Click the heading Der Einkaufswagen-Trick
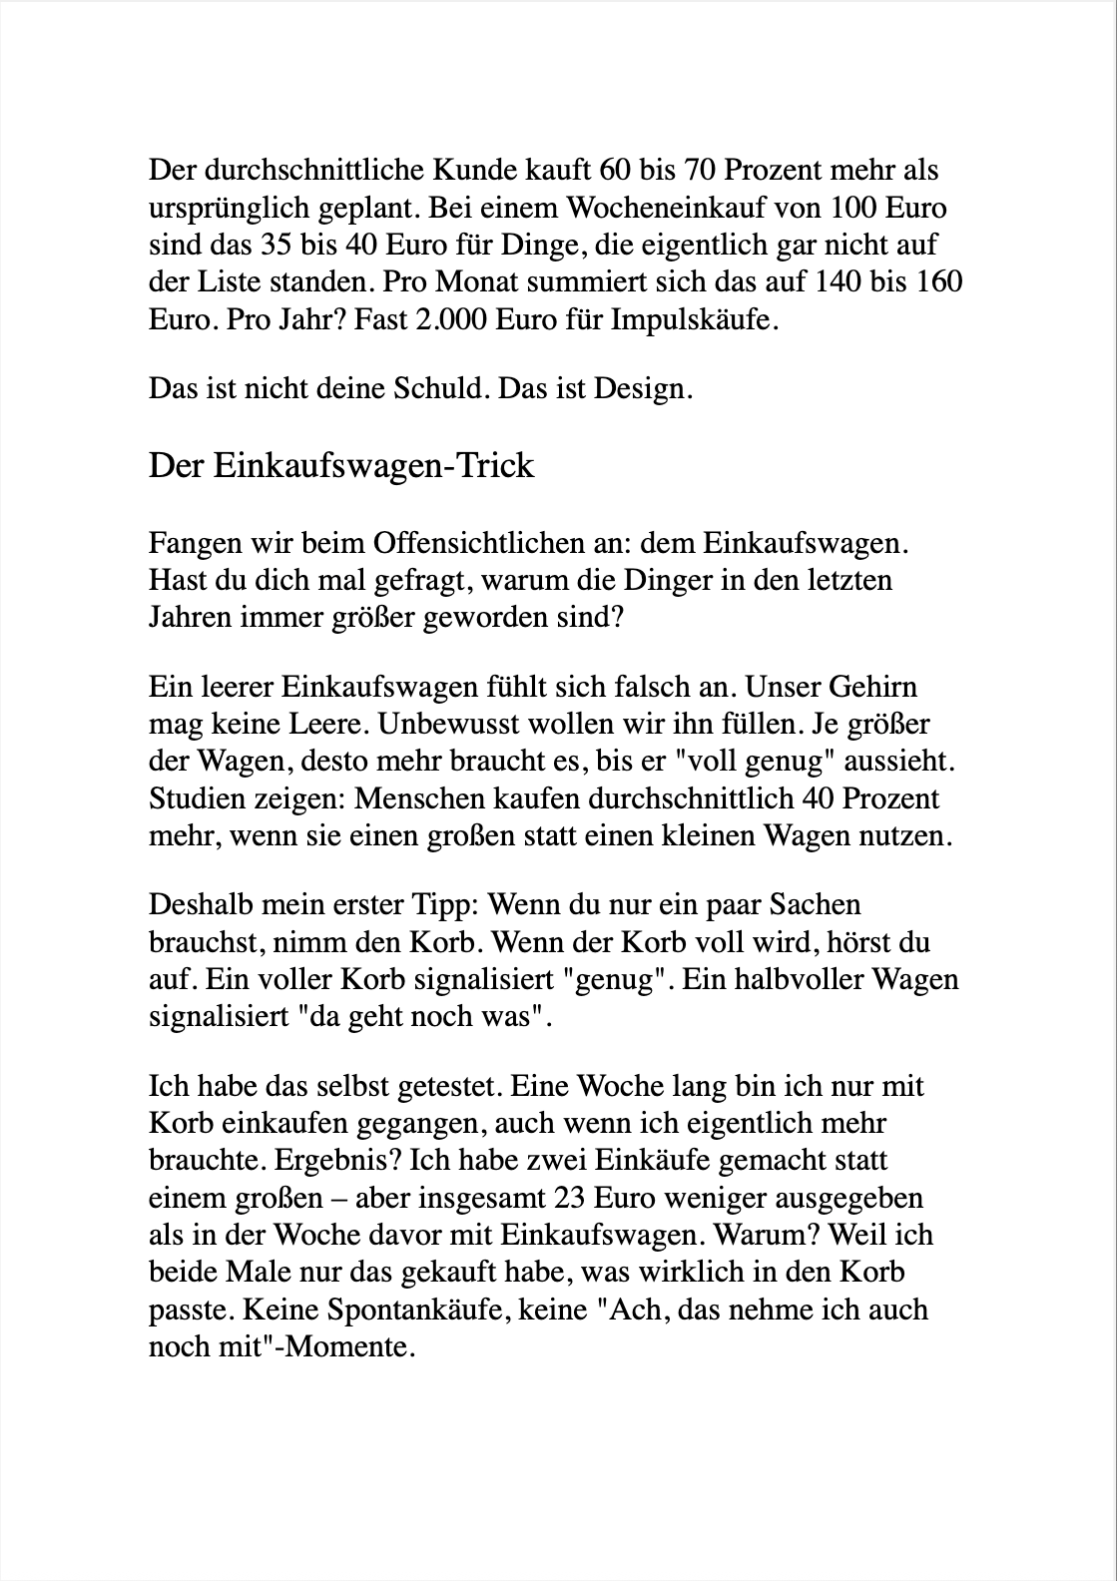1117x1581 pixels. (341, 466)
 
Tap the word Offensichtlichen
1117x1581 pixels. (486, 544)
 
